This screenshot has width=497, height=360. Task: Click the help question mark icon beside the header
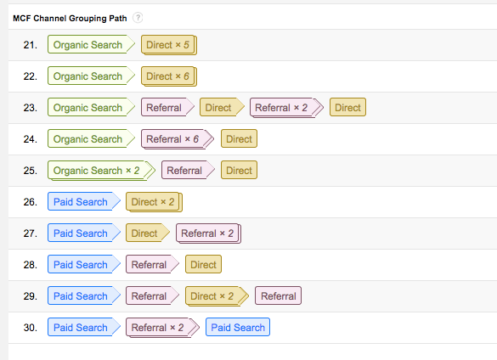[x=138, y=18]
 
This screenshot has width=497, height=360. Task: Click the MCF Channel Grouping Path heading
[x=70, y=19]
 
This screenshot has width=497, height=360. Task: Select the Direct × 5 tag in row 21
[x=169, y=45]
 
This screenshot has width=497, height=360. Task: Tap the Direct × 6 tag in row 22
[x=169, y=76]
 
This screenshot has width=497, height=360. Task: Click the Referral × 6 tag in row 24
[x=178, y=139]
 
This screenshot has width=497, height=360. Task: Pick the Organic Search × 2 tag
[x=101, y=171]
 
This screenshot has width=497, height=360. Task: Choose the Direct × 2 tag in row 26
[x=154, y=202]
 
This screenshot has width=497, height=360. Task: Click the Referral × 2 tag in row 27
[x=208, y=233]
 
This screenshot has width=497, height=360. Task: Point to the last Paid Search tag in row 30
[x=238, y=327]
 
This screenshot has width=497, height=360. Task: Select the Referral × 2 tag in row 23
[x=286, y=108]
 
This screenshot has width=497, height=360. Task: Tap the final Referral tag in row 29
[x=279, y=295]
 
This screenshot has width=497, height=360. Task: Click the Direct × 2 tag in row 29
[x=217, y=296]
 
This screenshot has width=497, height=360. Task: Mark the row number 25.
[x=30, y=171]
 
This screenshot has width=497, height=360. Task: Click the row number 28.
[x=30, y=265]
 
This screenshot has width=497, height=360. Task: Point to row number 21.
[x=30, y=45]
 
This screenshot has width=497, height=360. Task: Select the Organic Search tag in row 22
[x=91, y=76]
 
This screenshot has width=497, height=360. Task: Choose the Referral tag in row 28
[x=152, y=265]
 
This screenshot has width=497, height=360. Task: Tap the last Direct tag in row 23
[x=347, y=108]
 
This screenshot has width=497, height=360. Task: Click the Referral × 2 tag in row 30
[x=162, y=328]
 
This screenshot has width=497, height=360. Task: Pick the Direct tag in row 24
[x=239, y=138]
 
